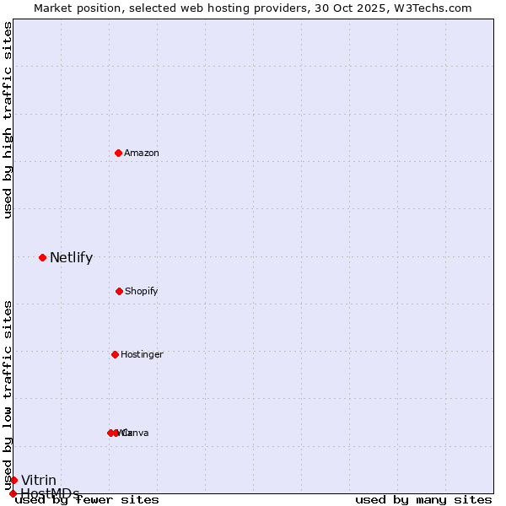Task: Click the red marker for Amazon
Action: tap(118, 153)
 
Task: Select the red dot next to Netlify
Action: tap(42, 257)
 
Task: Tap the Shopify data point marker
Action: tap(119, 291)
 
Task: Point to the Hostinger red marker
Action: tap(115, 354)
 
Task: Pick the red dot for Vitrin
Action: tap(13, 480)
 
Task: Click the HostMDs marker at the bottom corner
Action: tap(13, 493)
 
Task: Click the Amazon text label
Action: tap(142, 153)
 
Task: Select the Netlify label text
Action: tap(71, 258)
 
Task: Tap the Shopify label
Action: tap(142, 291)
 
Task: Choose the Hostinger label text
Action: tap(142, 354)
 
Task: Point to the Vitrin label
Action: tap(39, 480)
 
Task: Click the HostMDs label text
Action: tap(50, 493)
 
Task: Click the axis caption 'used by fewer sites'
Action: tap(87, 499)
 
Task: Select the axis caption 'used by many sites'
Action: tap(423, 499)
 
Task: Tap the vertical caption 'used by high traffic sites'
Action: tap(8, 120)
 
